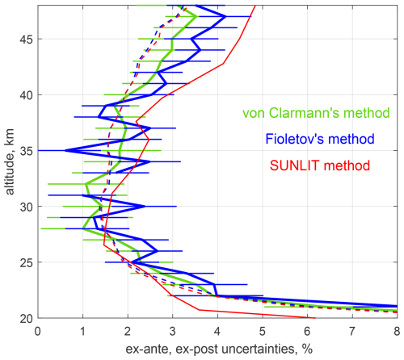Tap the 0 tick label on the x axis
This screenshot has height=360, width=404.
[x=37, y=331]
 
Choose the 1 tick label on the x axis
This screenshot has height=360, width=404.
[x=82, y=331]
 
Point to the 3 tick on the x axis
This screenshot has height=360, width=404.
[x=172, y=331]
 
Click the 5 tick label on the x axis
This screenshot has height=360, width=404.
[x=262, y=331]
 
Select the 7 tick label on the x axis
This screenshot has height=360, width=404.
[x=351, y=331]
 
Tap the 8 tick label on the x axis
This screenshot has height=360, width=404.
[x=396, y=331]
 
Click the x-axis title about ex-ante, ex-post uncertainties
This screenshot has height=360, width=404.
[x=217, y=348]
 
